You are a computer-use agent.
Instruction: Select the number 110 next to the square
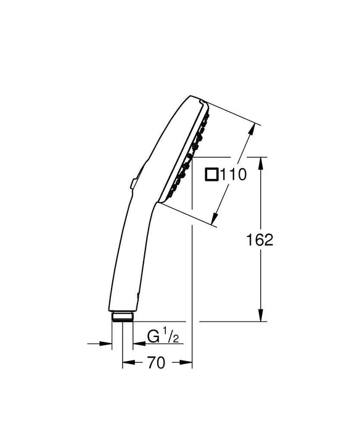[x=234, y=175]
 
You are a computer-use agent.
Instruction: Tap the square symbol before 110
[x=211, y=175]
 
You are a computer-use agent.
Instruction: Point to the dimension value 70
[x=157, y=364]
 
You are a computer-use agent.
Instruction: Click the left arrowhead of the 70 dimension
[x=126, y=364]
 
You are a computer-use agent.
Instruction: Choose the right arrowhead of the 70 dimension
[x=189, y=364]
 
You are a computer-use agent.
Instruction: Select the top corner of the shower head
[x=201, y=99]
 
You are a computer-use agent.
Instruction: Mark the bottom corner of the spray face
[x=162, y=201]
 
